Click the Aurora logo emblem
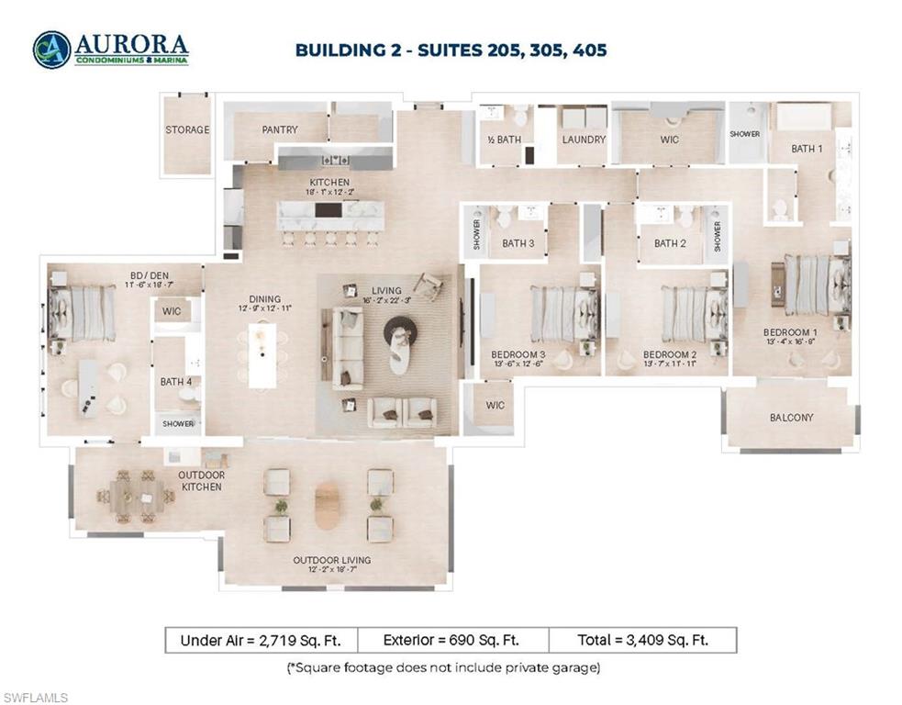click(50, 50)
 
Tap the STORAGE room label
click(187, 130)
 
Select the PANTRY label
click(280, 130)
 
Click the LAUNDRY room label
click(585, 140)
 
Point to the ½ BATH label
click(504, 140)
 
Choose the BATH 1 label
click(807, 149)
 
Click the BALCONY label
click(791, 418)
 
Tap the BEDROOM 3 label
click(518, 354)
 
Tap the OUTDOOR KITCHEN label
click(201, 480)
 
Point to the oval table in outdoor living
click(328, 506)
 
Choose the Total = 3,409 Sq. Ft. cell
click(642, 640)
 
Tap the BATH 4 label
click(173, 382)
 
